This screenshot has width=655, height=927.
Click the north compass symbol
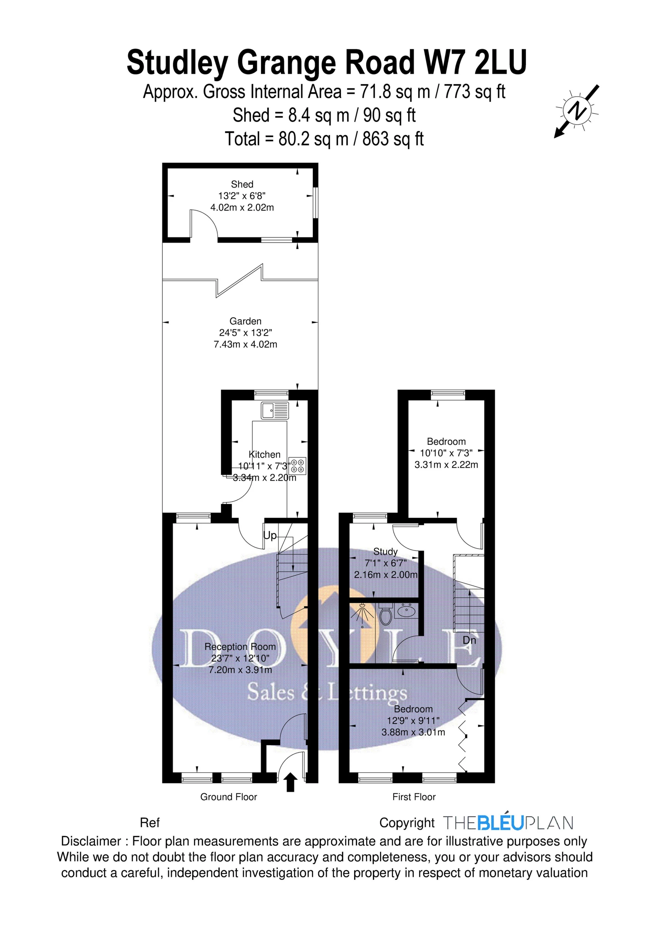pos(577,110)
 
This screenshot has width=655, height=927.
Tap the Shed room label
pos(242,184)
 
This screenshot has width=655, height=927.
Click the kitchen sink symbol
pos(275,410)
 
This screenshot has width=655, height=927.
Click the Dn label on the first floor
pos(469,640)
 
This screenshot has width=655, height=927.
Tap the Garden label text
pos(245,322)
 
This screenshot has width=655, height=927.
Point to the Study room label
pos(385,551)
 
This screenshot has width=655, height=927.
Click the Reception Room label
pos(240,647)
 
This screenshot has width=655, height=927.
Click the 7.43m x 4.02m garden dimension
pos(245,344)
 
